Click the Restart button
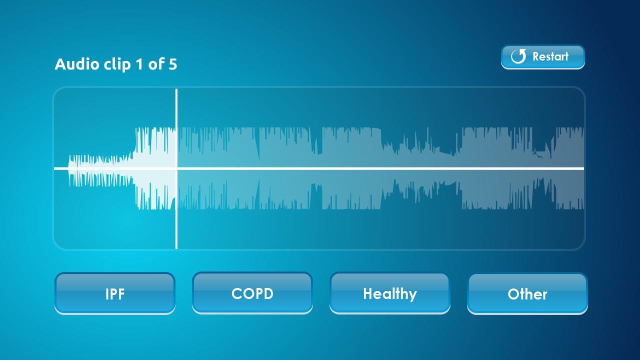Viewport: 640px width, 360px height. (x=543, y=57)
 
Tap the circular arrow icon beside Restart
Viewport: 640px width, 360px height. (x=518, y=56)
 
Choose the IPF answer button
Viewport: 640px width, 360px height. (x=115, y=293)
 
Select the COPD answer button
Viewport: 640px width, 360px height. (x=252, y=293)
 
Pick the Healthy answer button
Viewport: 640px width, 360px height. (x=389, y=293)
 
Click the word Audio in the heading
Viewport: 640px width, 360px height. (x=77, y=63)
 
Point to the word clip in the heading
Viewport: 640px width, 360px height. (x=117, y=64)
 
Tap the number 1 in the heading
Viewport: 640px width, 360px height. (x=139, y=64)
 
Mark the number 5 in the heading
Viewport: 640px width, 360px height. (x=173, y=64)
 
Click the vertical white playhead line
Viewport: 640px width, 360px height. (x=176, y=168)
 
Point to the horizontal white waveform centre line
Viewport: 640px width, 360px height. (x=319, y=168)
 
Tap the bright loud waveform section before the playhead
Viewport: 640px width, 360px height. (x=154, y=168)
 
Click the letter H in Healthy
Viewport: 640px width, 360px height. (x=367, y=293)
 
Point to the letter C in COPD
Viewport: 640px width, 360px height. (x=237, y=293)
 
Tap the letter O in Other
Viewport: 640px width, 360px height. (x=513, y=294)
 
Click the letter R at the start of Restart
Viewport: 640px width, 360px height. (x=536, y=56)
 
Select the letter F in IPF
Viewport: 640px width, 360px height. (x=121, y=294)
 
